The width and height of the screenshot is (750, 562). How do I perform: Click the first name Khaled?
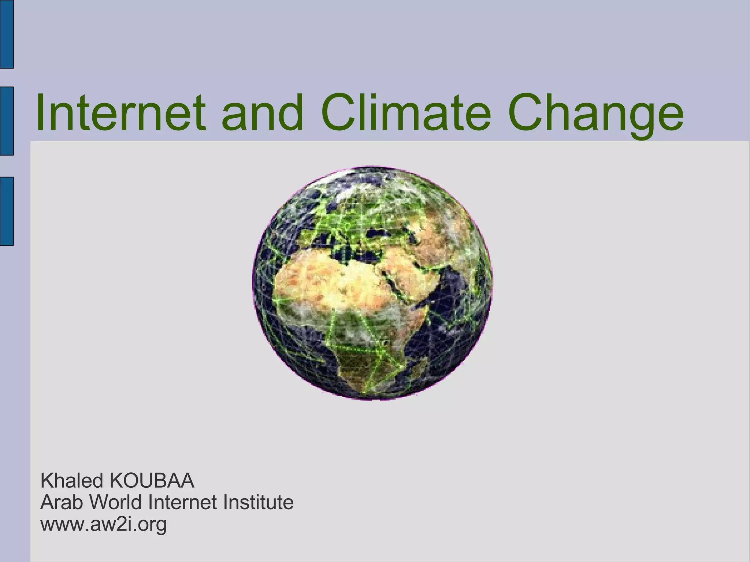72,481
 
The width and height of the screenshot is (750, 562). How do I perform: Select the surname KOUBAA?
152,481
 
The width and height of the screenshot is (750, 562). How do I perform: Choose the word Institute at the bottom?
258,502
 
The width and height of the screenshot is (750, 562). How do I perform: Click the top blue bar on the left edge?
7,34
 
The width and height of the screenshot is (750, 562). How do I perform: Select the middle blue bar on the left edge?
7,121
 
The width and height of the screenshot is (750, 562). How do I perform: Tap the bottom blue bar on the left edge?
7,211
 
